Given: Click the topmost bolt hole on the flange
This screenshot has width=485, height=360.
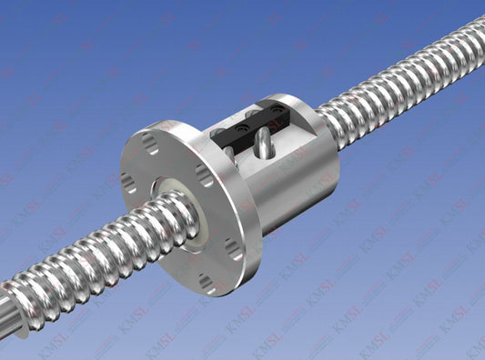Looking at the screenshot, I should pos(150,142).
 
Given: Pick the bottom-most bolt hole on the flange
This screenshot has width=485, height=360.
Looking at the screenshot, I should pos(208,284).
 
